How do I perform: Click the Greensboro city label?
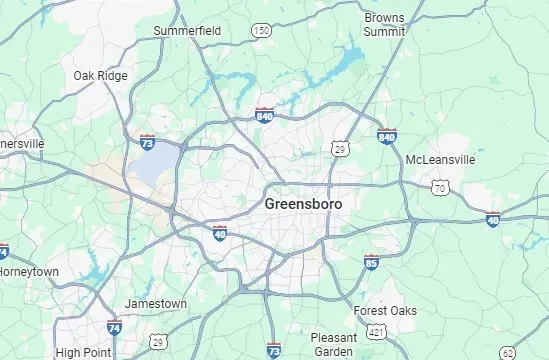303,203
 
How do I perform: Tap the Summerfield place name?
187,31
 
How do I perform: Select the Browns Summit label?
384,25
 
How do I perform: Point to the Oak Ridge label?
100,75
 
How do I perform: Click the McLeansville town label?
440,160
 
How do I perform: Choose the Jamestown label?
155,303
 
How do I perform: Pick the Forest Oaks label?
385,311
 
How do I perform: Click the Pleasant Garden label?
333,344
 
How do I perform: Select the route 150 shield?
261,31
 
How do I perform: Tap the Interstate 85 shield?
372,263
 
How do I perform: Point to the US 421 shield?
375,330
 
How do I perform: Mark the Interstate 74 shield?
114,327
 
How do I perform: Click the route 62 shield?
509,351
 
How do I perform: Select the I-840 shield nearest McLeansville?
387,135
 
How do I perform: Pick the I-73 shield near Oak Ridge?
147,143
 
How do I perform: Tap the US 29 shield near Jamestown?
156,342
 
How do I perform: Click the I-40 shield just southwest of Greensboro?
220,233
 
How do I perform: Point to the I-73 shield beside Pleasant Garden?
274,349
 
